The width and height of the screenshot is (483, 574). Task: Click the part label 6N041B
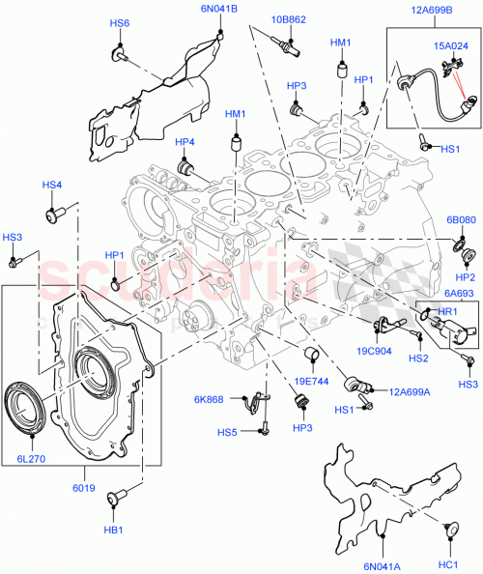pos(219,9)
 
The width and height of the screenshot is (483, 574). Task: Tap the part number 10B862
pos(289,18)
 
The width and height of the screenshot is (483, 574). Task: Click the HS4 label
pos(51,185)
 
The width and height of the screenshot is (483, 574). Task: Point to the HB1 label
pos(113,530)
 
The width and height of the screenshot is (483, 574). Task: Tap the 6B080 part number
pos(461,219)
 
